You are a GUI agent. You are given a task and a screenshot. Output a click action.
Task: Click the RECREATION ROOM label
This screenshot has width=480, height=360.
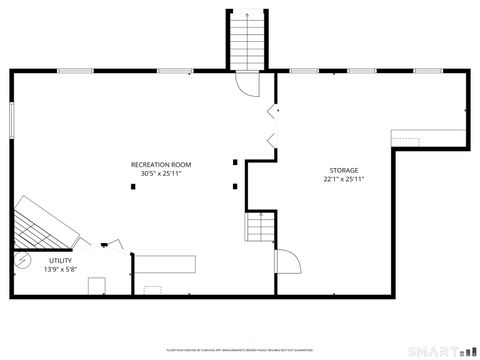click(160, 164)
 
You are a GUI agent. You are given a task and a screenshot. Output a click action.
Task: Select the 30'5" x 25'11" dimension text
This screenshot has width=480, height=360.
click(160, 173)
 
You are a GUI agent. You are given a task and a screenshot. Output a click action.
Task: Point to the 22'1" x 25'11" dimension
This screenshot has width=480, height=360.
click(343, 180)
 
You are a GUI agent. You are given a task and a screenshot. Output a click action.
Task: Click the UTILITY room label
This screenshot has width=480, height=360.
click(60, 260)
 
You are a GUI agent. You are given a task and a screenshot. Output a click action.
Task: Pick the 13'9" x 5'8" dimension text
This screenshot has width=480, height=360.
click(60, 269)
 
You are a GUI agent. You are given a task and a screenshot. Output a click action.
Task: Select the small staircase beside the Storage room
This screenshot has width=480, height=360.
click(260, 229)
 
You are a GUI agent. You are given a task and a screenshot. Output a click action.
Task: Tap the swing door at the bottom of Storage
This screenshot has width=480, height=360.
click(287, 262)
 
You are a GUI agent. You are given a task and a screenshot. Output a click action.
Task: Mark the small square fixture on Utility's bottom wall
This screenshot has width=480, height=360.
click(97, 287)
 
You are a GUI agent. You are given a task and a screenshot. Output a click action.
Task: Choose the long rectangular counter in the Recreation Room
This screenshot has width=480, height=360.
click(166, 264)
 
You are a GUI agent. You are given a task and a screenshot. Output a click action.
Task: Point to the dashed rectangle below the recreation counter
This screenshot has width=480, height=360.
click(152, 290)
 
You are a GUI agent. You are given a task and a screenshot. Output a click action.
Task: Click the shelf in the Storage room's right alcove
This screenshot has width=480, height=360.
click(429, 138)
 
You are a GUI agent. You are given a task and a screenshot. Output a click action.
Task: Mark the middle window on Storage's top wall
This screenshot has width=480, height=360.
click(360, 71)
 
